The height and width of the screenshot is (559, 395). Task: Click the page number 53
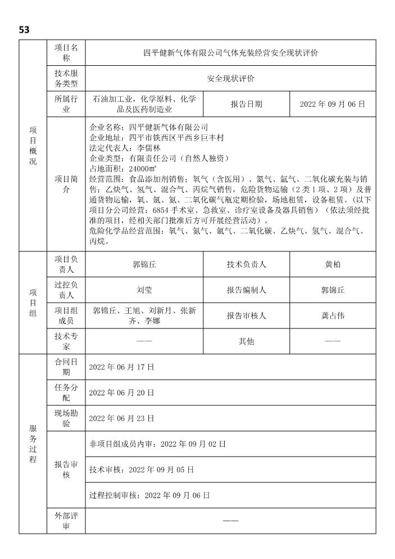pyautogui.click(x=24, y=29)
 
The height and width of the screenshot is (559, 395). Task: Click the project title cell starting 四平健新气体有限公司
pyautogui.click(x=230, y=53)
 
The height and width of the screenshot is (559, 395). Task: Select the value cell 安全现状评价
pyautogui.click(x=230, y=79)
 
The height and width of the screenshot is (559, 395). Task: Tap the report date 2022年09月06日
pyautogui.click(x=332, y=104)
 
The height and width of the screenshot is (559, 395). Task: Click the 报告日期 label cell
pyautogui.click(x=246, y=104)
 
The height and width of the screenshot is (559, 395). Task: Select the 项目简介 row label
pyautogui.click(x=66, y=183)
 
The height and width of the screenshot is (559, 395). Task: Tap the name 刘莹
pyautogui.click(x=144, y=290)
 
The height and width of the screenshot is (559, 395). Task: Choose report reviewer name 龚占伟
pyautogui.click(x=333, y=315)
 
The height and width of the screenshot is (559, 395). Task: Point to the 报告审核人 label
pyautogui.click(x=246, y=315)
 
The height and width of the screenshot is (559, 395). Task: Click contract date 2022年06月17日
pyautogui.click(x=121, y=367)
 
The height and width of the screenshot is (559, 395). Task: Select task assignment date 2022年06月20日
pyautogui.click(x=121, y=393)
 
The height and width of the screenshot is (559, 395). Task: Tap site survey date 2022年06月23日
pyautogui.click(x=121, y=418)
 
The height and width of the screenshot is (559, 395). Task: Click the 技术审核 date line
pyautogui.click(x=142, y=469)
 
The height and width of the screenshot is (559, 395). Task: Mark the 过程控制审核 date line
pyautogui.click(x=149, y=495)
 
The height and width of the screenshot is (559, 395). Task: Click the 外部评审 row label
pyautogui.click(x=66, y=521)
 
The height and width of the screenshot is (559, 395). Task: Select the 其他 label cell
pyautogui.click(x=246, y=341)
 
